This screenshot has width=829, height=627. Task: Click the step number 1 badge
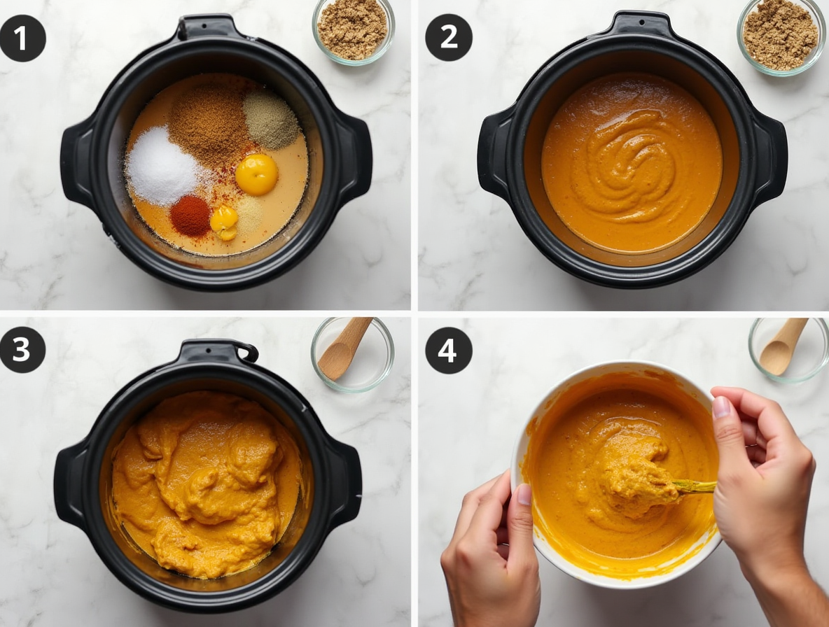click(22, 38)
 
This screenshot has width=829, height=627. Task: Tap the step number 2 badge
click(448, 38)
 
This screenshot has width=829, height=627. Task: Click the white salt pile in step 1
click(161, 167)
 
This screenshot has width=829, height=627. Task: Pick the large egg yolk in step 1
click(256, 174)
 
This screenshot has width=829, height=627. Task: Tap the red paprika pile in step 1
click(190, 215)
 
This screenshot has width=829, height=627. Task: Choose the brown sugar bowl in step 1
click(352, 30)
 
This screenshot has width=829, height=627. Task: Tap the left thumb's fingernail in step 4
click(524, 494)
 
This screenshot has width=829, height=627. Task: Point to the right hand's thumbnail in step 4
click(720, 407)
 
